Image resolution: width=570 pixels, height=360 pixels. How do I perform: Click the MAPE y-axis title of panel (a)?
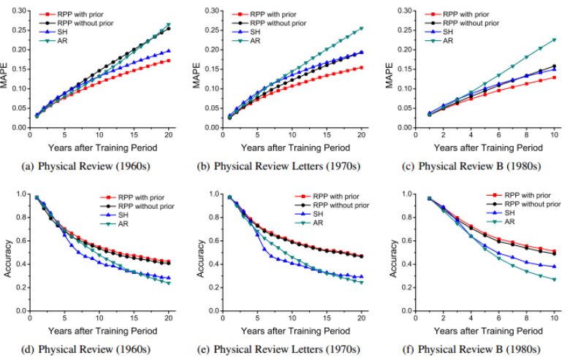click(x=6, y=69)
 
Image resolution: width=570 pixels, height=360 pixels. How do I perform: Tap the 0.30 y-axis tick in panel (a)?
click(x=17, y=12)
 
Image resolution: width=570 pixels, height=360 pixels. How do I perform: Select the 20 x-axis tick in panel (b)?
click(x=361, y=136)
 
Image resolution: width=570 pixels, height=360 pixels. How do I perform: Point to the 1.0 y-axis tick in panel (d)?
click(x=19, y=194)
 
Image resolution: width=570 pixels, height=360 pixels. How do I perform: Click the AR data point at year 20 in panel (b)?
click(x=361, y=28)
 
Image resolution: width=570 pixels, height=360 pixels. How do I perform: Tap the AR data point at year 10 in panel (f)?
click(x=552, y=279)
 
